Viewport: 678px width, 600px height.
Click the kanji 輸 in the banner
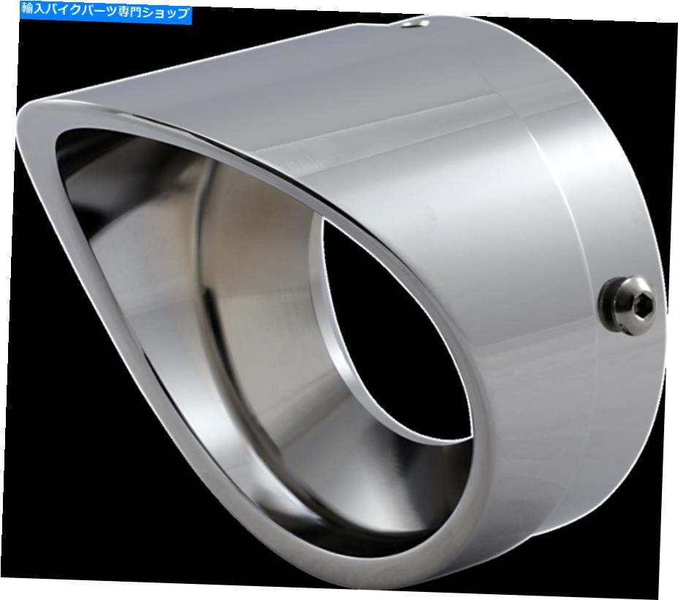click(28, 9)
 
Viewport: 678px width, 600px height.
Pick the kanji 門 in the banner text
click(136, 12)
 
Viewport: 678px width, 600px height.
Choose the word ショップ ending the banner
click(166, 13)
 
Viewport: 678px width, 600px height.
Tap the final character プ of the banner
click(184, 13)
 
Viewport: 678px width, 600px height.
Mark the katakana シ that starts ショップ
click(149, 12)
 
